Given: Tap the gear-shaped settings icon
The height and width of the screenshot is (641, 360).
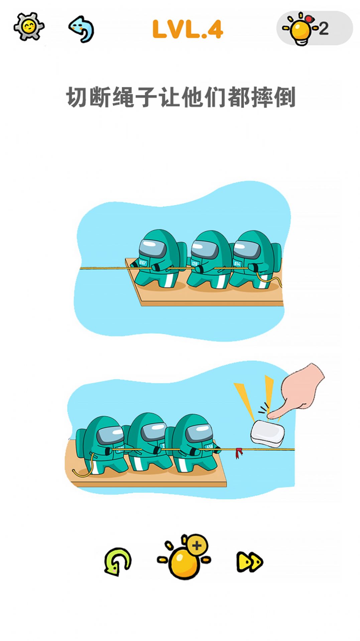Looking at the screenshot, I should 29,26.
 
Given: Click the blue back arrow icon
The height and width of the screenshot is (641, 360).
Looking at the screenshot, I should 82,29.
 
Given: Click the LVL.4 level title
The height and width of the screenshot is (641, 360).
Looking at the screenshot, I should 188,29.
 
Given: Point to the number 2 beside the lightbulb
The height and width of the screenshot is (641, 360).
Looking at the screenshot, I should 323,29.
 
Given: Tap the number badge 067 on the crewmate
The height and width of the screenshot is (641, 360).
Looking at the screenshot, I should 143,263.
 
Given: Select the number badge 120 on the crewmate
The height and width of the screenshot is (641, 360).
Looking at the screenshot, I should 195,263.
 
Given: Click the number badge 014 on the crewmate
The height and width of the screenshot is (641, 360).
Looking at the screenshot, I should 237,264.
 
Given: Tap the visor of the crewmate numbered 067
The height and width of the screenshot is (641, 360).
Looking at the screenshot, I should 152,248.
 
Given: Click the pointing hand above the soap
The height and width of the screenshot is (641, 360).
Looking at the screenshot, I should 299,391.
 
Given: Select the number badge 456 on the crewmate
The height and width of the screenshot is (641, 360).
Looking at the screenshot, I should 209,446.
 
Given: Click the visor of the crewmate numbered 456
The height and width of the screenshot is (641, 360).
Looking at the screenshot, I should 199,433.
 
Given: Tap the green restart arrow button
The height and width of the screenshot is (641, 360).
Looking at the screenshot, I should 117,561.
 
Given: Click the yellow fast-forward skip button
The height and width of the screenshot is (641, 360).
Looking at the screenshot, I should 250,562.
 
